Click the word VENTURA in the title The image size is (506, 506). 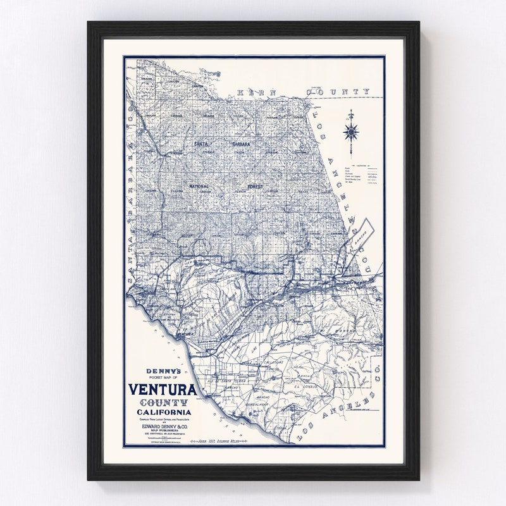click(x=163, y=391)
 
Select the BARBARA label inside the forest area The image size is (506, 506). click(x=240, y=145)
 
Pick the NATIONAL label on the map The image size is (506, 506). click(x=199, y=187)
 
